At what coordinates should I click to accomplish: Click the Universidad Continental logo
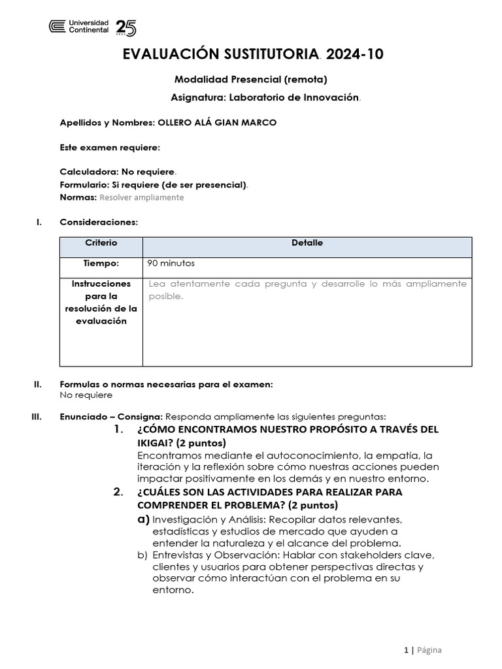79,26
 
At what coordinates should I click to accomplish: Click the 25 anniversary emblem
125,27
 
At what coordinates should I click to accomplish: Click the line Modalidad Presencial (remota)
250,80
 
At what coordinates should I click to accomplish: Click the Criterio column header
101,243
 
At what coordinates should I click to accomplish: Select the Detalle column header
307,243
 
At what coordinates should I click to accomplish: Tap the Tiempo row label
101,263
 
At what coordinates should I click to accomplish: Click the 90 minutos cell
172,263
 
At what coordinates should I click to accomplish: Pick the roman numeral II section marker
37,384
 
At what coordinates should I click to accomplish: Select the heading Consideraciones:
99,222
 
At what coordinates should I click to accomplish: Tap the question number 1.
118,430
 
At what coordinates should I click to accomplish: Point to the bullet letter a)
143,519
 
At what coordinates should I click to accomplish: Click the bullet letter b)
142,555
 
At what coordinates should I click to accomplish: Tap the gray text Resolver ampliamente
142,197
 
